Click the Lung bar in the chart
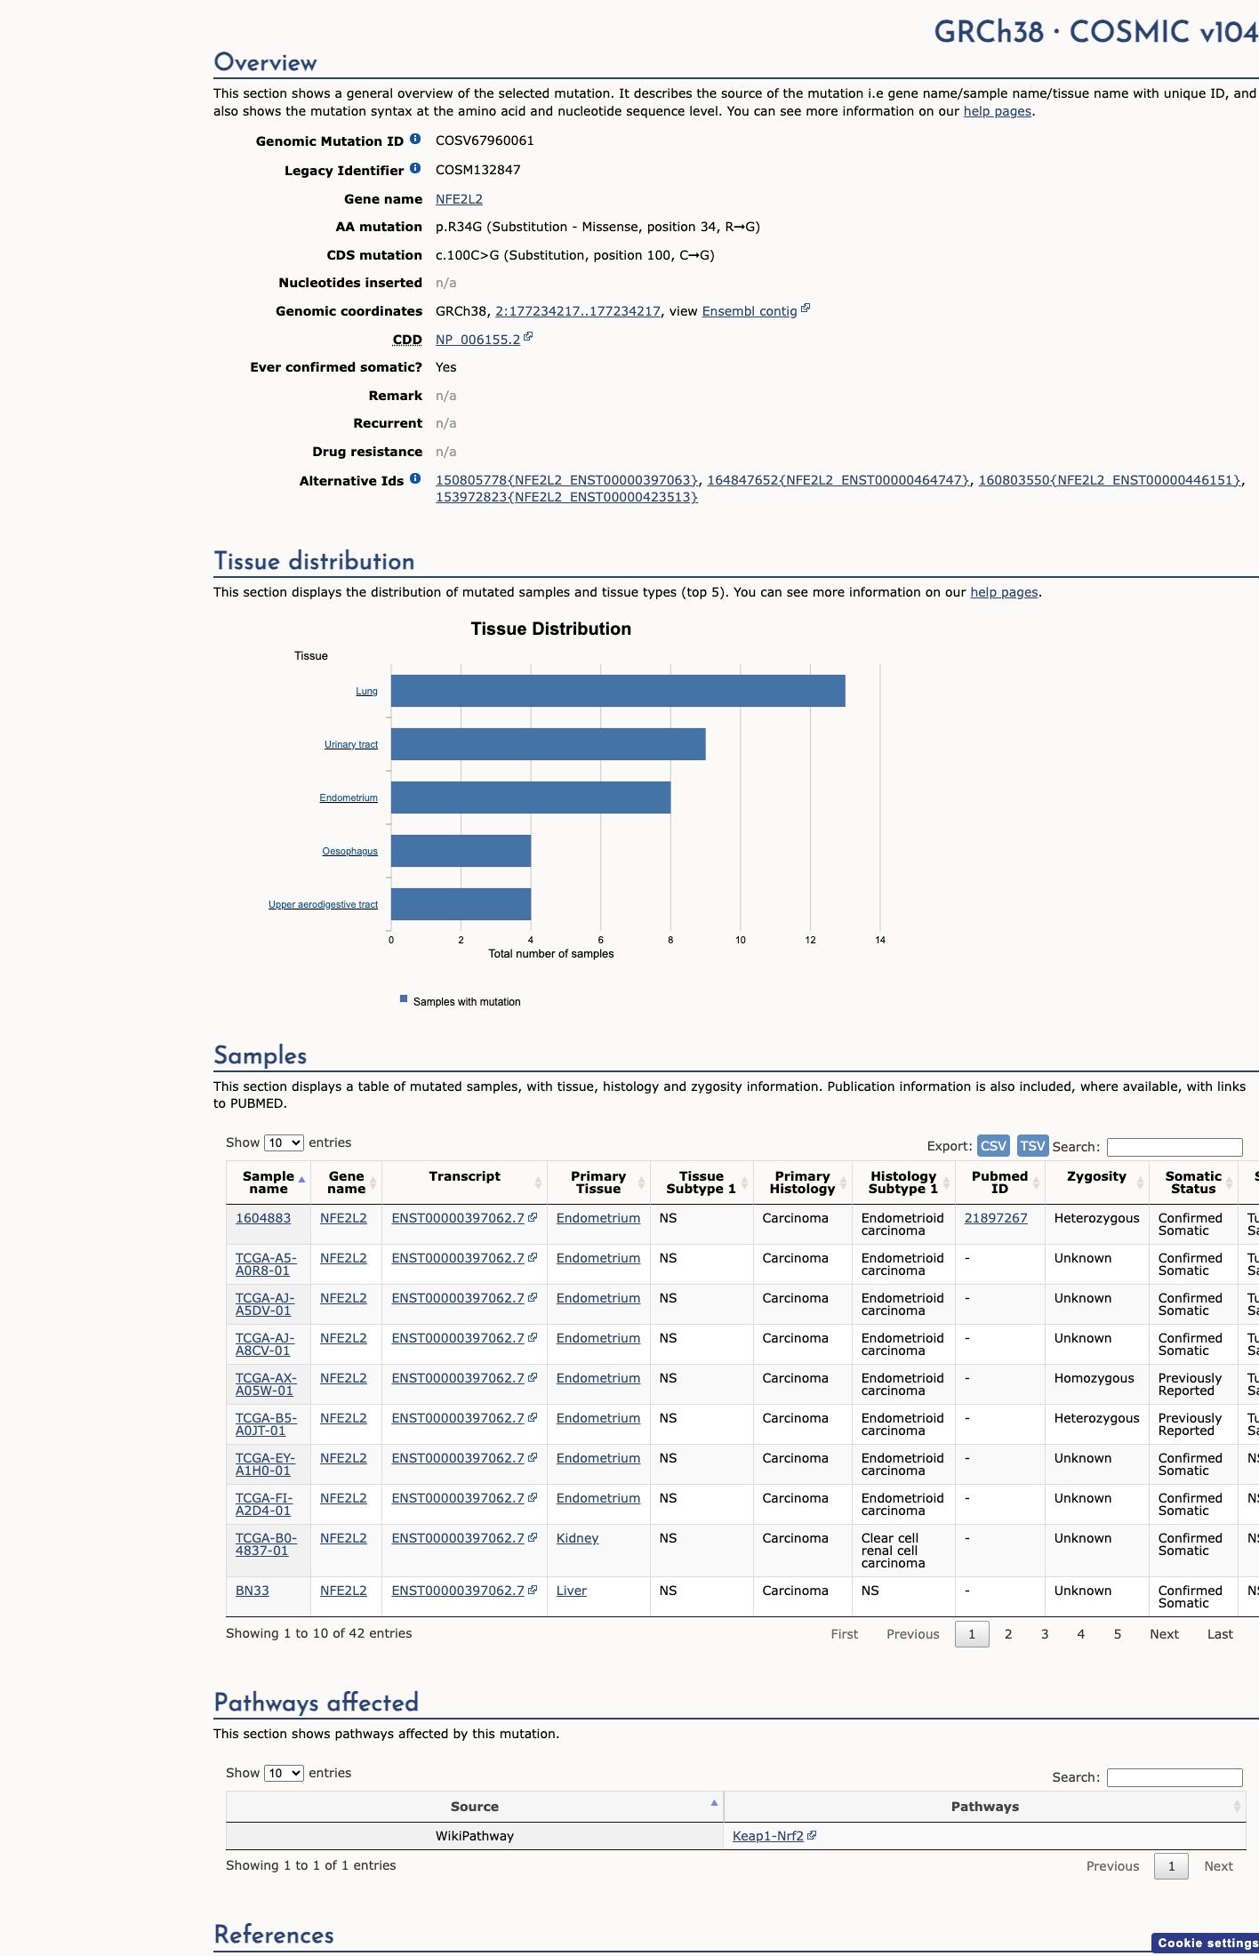point(618,691)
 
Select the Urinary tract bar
point(549,744)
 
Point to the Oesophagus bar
point(461,851)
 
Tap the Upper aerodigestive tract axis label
point(323,904)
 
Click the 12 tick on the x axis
point(810,940)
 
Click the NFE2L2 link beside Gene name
point(459,199)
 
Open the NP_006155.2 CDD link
point(477,340)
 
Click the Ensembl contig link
point(750,311)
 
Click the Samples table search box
point(1175,1147)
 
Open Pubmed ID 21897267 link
point(996,1218)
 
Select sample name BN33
point(253,1591)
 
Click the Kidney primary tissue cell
point(578,1538)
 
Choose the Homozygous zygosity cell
point(1095,1378)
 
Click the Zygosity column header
point(1096,1176)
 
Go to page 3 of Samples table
point(1045,1634)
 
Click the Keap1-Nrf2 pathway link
point(768,1836)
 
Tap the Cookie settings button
point(1207,1944)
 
